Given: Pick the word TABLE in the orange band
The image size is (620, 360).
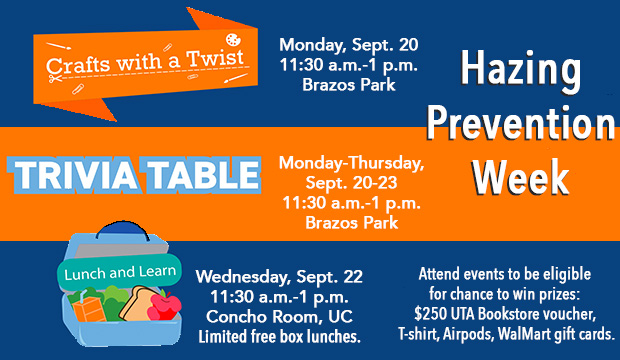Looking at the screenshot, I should coord(201,173).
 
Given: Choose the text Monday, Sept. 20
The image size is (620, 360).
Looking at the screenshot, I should coord(348,44).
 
